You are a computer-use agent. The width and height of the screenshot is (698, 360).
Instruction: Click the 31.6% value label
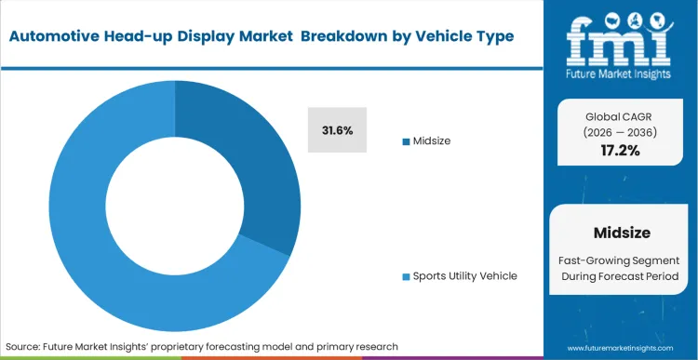[x=337, y=131]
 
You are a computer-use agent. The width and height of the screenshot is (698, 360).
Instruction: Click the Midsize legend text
[x=433, y=140]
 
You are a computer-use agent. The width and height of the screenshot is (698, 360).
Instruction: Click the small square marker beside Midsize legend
[x=406, y=141]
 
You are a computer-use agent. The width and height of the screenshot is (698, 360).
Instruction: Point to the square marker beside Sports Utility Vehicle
[x=406, y=277]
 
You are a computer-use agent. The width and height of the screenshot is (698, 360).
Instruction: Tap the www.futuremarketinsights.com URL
[x=619, y=346]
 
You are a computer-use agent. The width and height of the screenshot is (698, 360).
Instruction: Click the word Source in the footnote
[x=24, y=346]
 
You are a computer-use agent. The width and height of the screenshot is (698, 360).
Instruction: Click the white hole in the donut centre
[x=174, y=206]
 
